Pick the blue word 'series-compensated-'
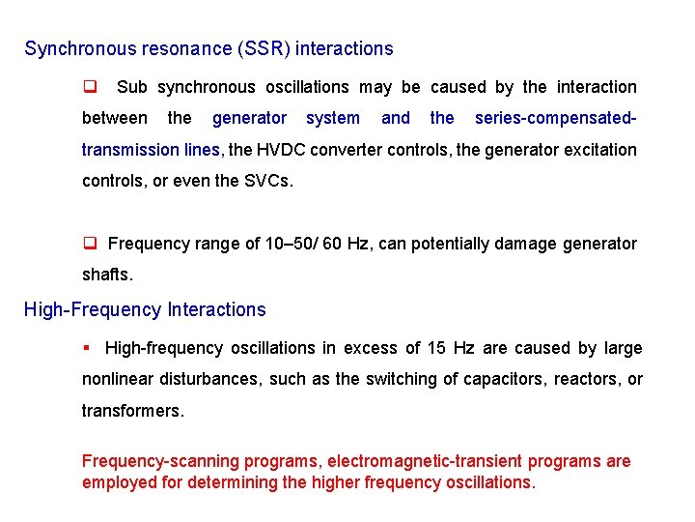click(555, 118)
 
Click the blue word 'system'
click(333, 118)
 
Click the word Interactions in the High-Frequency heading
click(216, 310)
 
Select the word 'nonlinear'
click(121, 379)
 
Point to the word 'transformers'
click(131, 410)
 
